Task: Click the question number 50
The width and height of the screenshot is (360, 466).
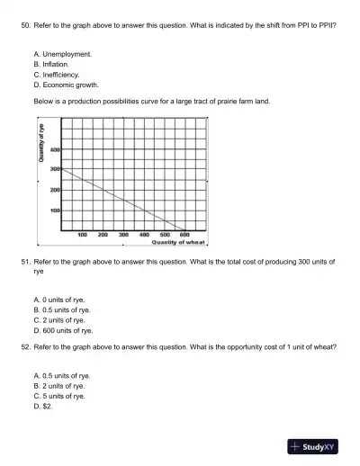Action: pyautogui.click(x=24, y=26)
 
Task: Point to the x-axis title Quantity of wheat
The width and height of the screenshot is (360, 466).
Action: pyautogui.click(x=179, y=242)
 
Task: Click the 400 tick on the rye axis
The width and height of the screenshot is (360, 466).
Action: pyautogui.click(x=55, y=149)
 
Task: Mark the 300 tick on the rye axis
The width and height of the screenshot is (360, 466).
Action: pyautogui.click(x=55, y=169)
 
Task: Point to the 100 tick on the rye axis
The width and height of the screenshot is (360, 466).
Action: pyautogui.click(x=55, y=210)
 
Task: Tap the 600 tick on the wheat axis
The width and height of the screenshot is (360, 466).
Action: pyautogui.click(x=184, y=234)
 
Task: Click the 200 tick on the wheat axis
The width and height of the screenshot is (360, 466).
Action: pyautogui.click(x=103, y=234)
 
